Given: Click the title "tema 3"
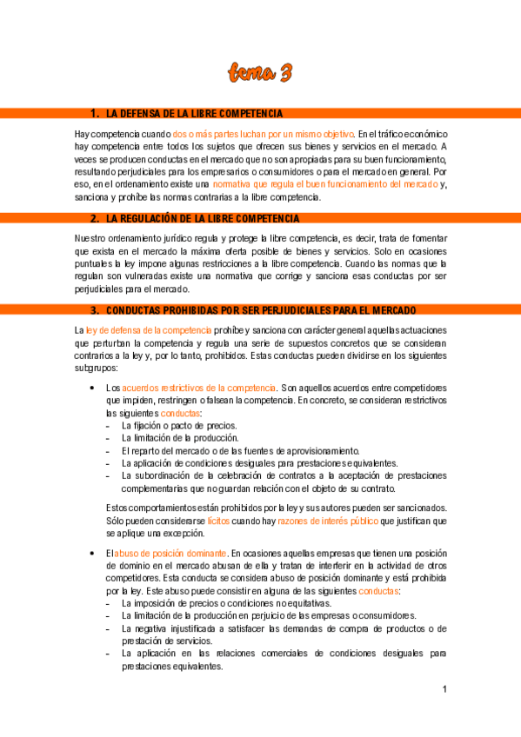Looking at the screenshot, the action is click(260, 73).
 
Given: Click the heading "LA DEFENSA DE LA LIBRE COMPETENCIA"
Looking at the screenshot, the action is click(194, 114).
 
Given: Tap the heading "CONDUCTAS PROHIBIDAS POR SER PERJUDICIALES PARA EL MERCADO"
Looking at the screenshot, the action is click(261, 310).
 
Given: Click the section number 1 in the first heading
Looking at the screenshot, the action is click(94, 114).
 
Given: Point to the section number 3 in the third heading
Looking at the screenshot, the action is click(94, 310).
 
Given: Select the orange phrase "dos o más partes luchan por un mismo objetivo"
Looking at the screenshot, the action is click(264, 134).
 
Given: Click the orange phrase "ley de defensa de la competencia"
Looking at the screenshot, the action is click(149, 329).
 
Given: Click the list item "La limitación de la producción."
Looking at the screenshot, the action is click(180, 438).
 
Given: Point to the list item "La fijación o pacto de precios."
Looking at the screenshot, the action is click(179, 426).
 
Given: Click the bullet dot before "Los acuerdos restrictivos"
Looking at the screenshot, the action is click(91, 387).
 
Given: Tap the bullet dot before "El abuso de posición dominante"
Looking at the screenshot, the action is click(91, 553).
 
